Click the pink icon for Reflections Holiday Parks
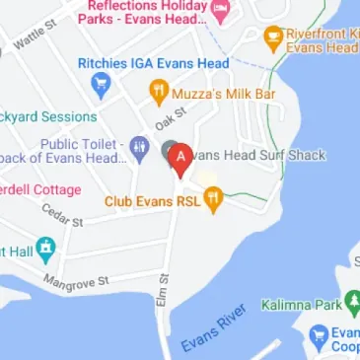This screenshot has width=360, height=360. (221, 10)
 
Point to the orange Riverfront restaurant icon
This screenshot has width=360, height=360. (273, 38)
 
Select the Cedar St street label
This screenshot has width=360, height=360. (62, 215)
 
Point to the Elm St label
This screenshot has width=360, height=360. (162, 292)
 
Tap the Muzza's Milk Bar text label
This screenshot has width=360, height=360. (222, 94)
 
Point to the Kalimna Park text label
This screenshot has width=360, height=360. (299, 306)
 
